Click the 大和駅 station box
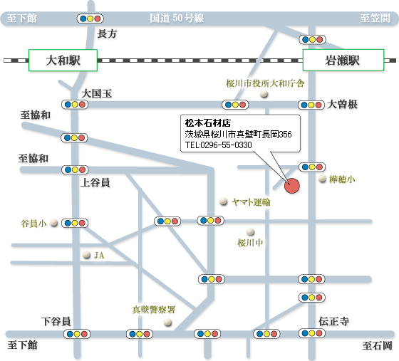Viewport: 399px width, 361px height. coord(63,61)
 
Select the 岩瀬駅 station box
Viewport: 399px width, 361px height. coord(343,61)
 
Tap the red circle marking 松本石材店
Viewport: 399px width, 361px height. coord(292,186)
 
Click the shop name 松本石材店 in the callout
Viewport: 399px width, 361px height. coord(207,123)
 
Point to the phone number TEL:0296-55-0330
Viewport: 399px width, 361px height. coord(218,145)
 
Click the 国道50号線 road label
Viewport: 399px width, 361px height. coord(177,18)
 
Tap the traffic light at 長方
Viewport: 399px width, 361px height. coord(90,19)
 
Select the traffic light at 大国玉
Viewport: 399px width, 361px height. coord(75,105)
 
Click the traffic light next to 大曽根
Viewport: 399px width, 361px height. coord(311,105)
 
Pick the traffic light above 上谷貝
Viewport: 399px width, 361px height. coord(75,169)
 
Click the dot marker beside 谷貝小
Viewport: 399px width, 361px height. coord(53,223)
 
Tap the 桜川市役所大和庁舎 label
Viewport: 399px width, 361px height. coord(265,83)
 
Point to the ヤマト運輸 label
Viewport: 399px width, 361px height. coord(251,202)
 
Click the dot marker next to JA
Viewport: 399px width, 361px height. coord(86,255)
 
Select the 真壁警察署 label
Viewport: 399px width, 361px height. coord(154,310)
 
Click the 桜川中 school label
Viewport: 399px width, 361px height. coord(250,243)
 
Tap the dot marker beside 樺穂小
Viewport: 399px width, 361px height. coord(322,179)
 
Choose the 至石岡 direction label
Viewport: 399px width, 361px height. coord(378,346)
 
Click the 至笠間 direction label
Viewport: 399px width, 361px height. coord(375,18)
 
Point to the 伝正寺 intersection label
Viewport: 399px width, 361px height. coord(334,321)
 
